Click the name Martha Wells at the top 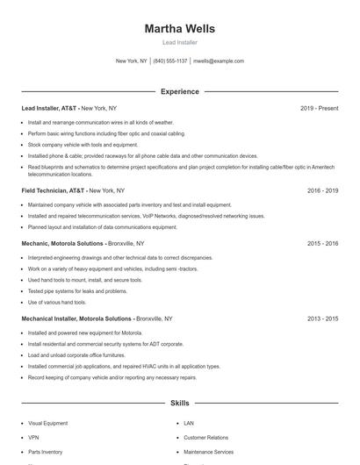[179, 28]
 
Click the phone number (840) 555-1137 [170, 61]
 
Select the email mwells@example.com [219, 61]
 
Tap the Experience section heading [179, 91]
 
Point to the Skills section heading [179, 404]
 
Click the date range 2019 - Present [319, 108]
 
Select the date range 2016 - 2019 [322, 190]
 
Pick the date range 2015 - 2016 [322, 243]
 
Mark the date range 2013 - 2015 [322, 318]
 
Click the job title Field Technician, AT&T [54, 190]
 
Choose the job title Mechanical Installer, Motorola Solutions [77, 318]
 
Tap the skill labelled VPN [33, 437]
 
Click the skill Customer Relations [205, 437]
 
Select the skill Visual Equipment [47, 423]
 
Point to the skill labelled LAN [189, 423]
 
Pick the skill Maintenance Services [209, 452]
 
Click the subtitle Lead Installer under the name [179, 42]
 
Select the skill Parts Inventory [46, 452]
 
